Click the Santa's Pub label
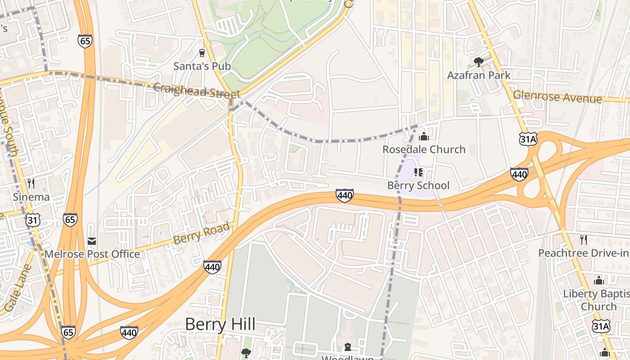(x=202, y=66)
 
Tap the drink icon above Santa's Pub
(x=202, y=53)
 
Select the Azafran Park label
(x=479, y=75)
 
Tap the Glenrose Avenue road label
(x=558, y=96)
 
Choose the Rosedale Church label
(x=424, y=149)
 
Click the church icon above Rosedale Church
(x=423, y=136)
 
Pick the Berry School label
(x=418, y=185)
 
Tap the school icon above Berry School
(x=418, y=172)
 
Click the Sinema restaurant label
(x=31, y=197)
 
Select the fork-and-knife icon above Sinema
(x=31, y=184)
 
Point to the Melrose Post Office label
(x=92, y=254)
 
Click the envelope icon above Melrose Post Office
(x=92, y=241)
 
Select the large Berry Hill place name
(x=220, y=324)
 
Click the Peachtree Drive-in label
(x=584, y=253)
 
